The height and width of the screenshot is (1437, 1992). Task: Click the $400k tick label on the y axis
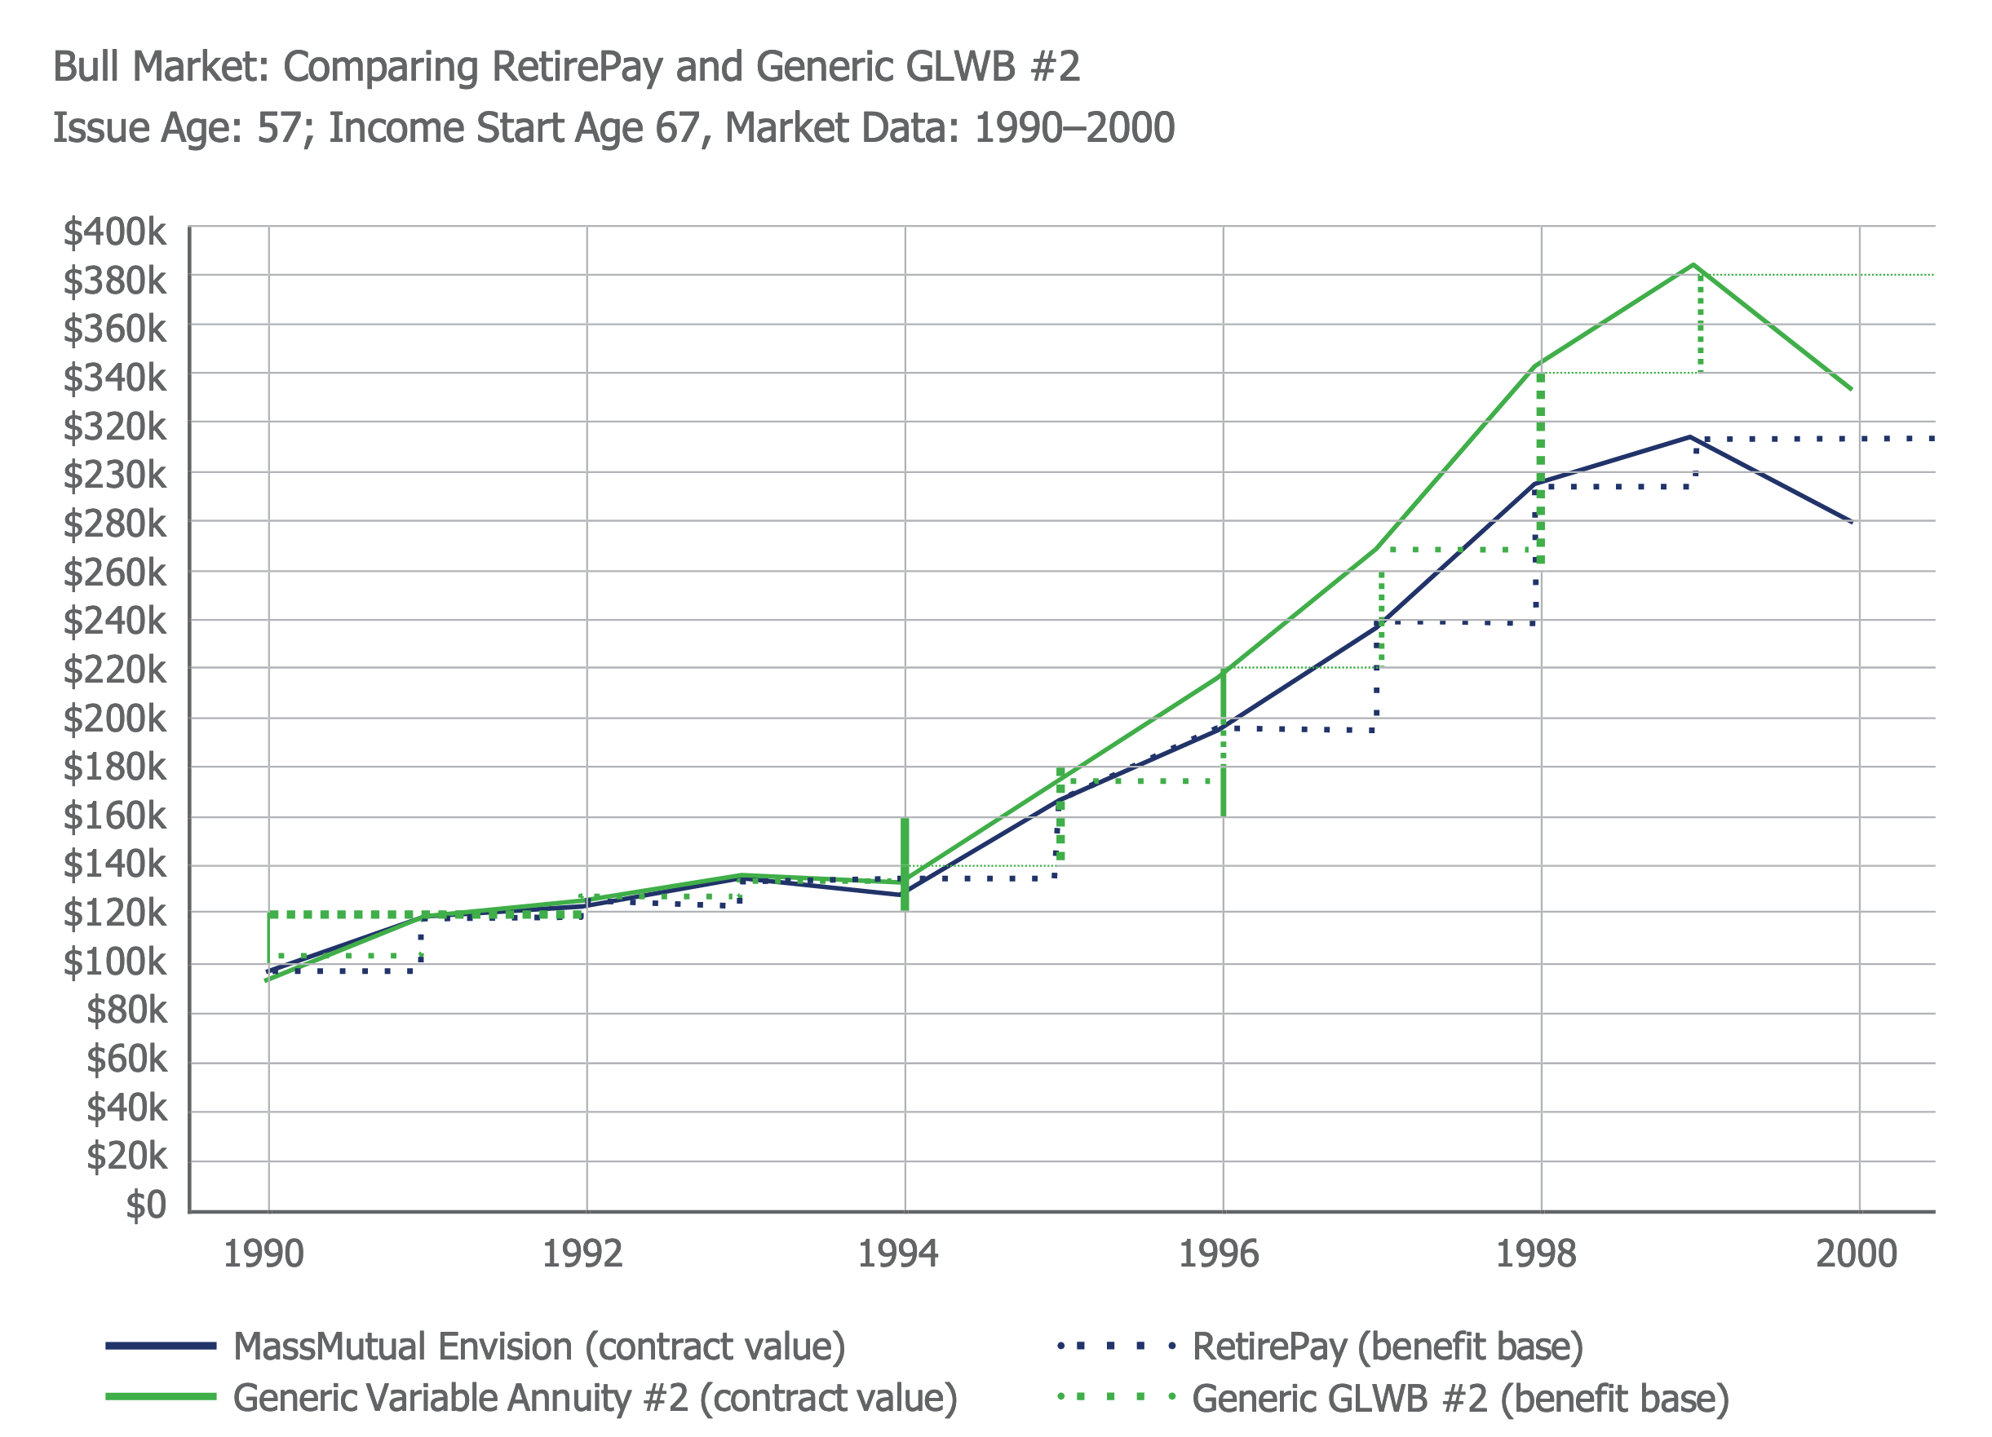114,232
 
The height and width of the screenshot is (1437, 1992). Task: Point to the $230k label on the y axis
114,475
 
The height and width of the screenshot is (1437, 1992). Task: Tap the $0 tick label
146,1205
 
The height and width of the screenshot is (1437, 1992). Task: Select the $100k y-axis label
114,962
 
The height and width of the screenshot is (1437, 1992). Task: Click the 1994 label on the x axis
897,1254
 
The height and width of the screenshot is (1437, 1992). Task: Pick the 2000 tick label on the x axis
1856,1254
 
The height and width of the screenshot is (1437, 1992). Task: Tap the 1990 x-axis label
263,1254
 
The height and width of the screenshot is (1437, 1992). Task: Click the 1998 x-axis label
1535,1254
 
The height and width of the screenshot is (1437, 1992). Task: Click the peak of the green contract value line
1693,264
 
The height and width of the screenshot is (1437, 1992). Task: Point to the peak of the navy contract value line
1689,436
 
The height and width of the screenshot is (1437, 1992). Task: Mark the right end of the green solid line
1852,389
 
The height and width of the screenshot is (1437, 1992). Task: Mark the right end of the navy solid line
1852,522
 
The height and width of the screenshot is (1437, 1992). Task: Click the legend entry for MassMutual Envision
538,1346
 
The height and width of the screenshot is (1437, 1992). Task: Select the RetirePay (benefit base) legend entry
1387,1346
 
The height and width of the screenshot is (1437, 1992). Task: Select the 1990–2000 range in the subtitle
1074,128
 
